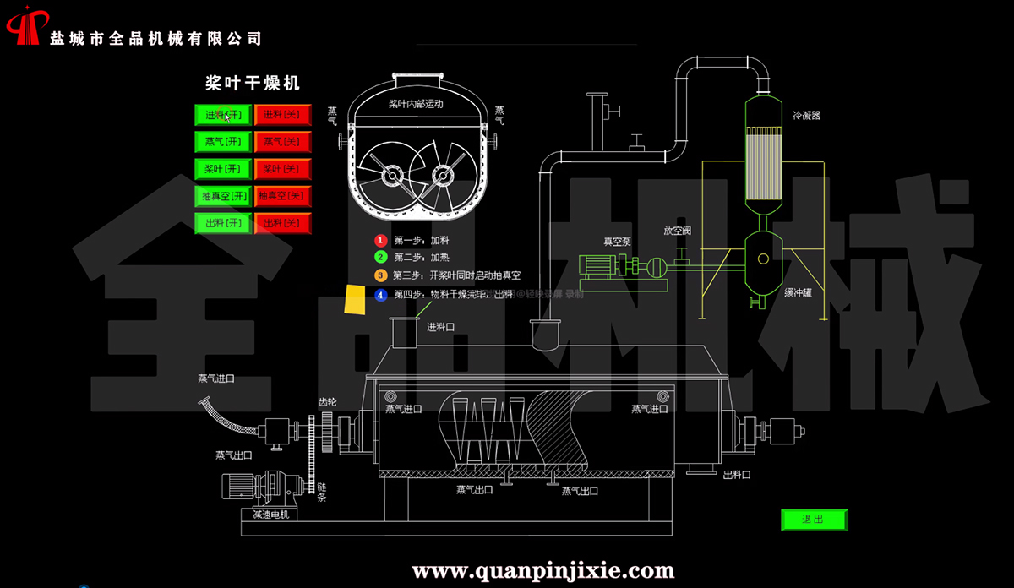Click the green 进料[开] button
[223, 114]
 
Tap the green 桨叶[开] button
[223, 169]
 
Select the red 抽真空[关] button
[282, 196]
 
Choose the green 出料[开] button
[223, 223]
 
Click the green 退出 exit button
[813, 520]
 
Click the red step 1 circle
[381, 241]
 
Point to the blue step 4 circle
[381, 295]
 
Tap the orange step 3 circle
[381, 275]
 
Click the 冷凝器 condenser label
[806, 115]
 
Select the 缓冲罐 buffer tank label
[799, 293]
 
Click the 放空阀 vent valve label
[678, 229]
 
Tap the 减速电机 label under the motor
[270, 514]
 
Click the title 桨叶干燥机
[253, 83]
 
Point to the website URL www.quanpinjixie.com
[542, 571]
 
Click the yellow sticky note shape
[355, 299]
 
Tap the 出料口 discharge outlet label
[737, 475]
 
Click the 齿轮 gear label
[327, 402]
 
